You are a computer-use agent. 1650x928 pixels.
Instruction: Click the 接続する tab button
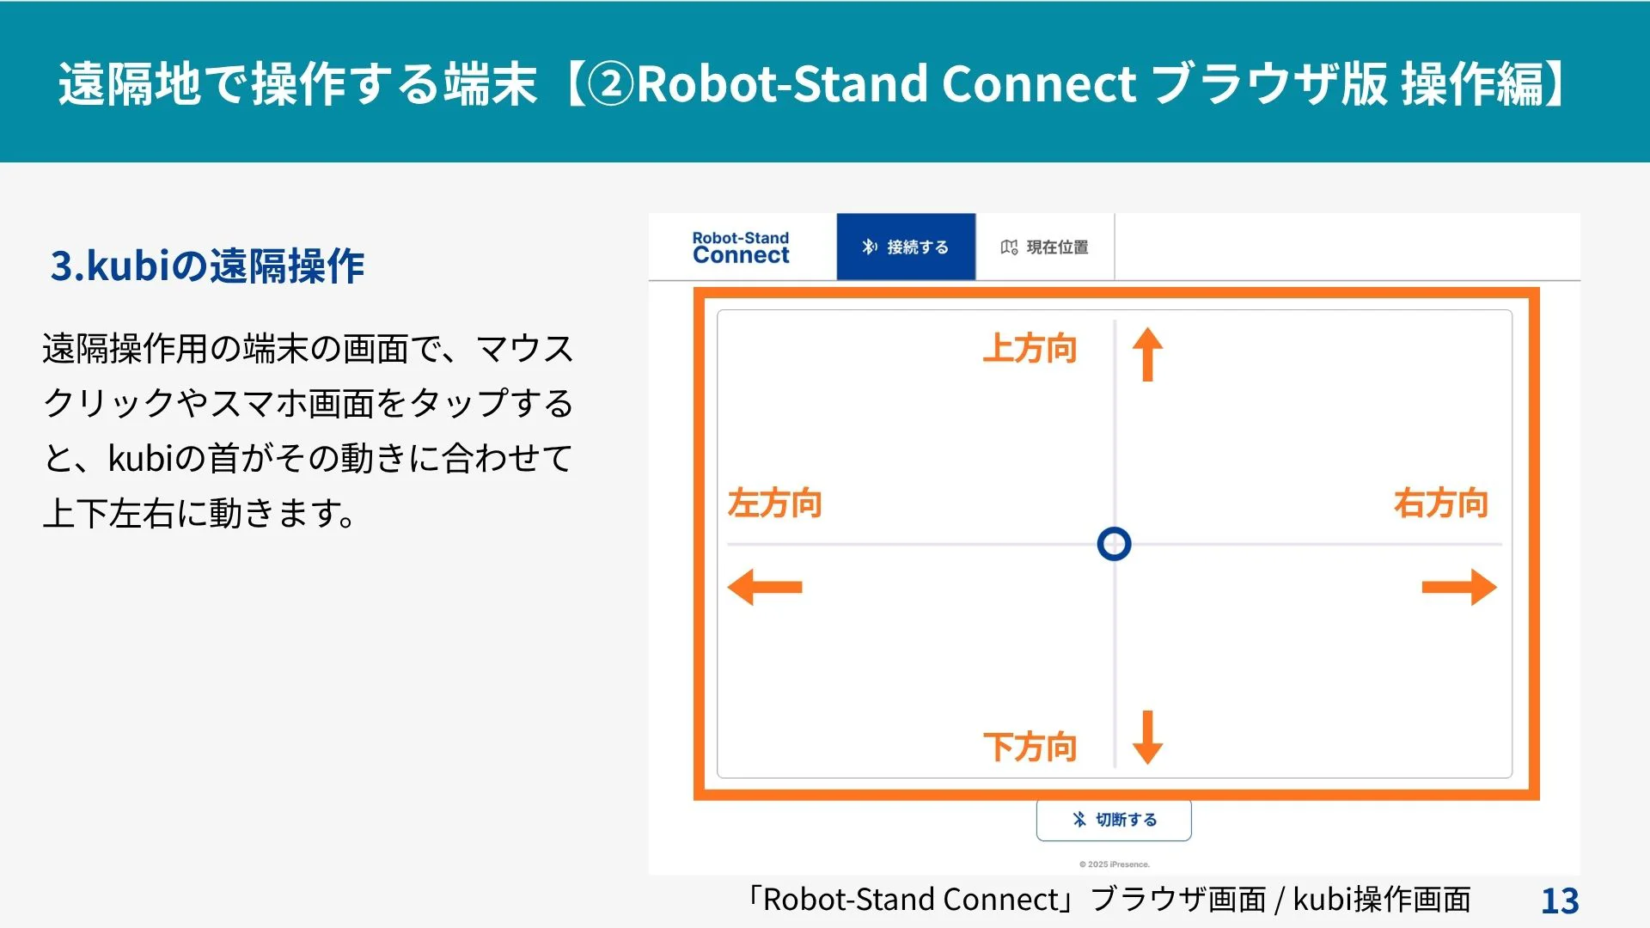pyautogui.click(x=906, y=247)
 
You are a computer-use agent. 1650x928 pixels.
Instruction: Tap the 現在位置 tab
pyautogui.click(x=1045, y=247)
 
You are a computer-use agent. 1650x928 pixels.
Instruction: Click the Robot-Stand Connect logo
pyautogui.click(x=741, y=247)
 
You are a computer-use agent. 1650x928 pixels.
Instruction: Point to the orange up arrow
pyautogui.click(x=1147, y=354)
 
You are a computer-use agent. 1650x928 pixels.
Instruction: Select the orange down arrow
pyautogui.click(x=1147, y=737)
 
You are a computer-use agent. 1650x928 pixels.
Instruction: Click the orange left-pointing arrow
pyautogui.click(x=765, y=587)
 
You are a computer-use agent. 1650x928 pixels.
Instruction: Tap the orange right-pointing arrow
pyautogui.click(x=1459, y=587)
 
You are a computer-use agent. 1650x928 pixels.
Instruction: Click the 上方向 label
pyautogui.click(x=1030, y=349)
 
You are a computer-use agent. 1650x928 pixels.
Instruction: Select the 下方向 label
pyautogui.click(x=1030, y=747)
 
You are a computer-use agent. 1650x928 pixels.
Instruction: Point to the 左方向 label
pyautogui.click(x=774, y=504)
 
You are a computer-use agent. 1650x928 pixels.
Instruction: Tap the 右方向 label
pyautogui.click(x=1441, y=504)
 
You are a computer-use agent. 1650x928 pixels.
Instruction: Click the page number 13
pyautogui.click(x=1560, y=901)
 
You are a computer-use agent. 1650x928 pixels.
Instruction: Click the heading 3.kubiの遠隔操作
pyautogui.click(x=208, y=266)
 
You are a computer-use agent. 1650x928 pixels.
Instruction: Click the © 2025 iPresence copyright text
pyautogui.click(x=1115, y=864)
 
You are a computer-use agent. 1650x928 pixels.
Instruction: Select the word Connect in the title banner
pyautogui.click(x=1039, y=84)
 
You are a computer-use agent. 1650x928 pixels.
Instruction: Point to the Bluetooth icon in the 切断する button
pyautogui.click(x=1079, y=820)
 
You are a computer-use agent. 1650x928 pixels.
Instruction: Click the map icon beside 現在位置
pyautogui.click(x=1009, y=247)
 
